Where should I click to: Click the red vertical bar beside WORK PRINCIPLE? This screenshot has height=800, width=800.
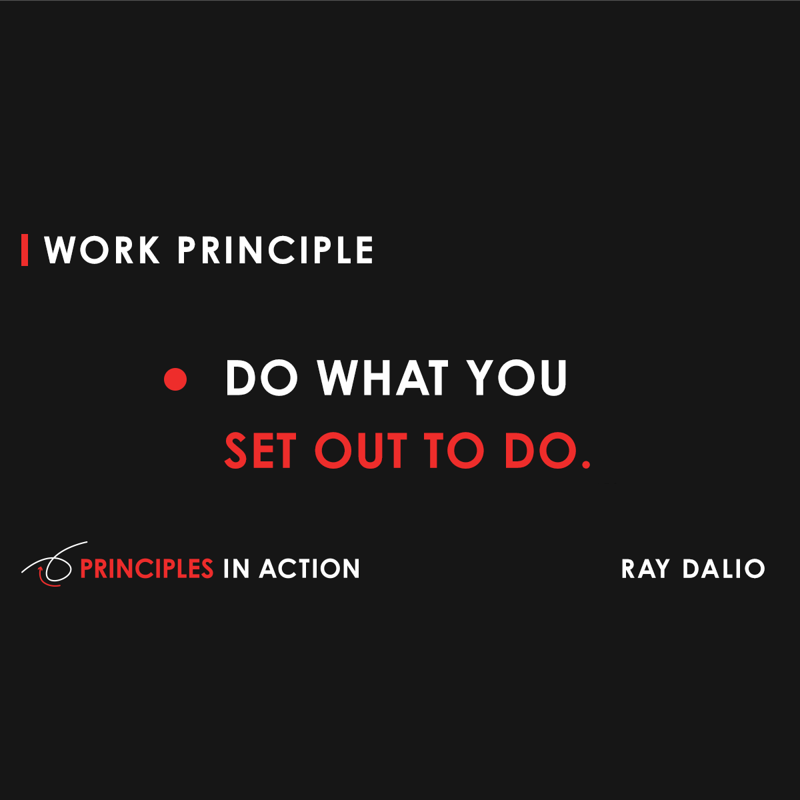click(x=25, y=250)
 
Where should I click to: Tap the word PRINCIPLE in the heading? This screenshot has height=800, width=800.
click(x=275, y=251)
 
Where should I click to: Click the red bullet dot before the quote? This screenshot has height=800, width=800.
click(x=175, y=379)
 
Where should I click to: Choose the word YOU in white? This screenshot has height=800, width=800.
click(x=517, y=378)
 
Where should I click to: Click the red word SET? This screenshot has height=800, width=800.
click(x=260, y=451)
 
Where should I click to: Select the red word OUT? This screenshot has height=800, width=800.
click(x=361, y=451)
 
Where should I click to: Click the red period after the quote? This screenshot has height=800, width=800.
click(x=586, y=463)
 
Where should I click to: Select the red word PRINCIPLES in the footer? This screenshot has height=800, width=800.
click(x=147, y=569)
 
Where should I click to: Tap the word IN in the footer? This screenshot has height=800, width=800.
click(x=236, y=569)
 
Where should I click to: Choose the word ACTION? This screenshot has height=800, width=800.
click(x=310, y=569)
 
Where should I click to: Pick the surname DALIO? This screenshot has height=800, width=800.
click(x=724, y=569)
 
